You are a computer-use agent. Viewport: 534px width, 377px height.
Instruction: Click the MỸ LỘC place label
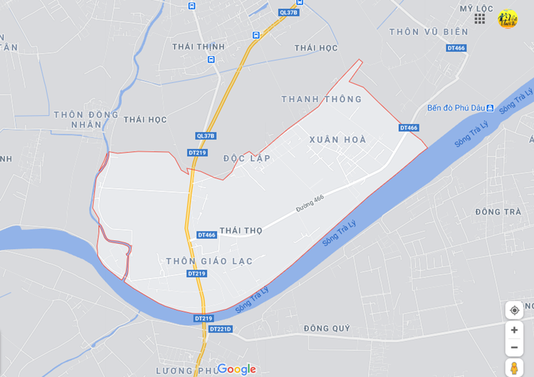tap(476, 9)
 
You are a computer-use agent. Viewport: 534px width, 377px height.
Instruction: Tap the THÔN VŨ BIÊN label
tap(429, 32)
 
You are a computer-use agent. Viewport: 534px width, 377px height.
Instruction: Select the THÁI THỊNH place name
tap(198, 47)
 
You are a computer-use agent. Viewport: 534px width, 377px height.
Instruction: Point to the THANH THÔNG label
tap(322, 100)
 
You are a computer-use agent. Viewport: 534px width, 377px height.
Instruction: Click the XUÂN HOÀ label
tap(338, 140)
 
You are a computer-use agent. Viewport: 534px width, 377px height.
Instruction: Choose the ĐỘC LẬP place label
tap(247, 158)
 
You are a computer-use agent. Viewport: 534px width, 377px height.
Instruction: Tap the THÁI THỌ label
tap(241, 231)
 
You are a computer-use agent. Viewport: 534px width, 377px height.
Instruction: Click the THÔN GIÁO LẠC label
tap(210, 261)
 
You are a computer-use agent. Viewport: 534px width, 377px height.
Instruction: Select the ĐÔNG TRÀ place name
tap(498, 212)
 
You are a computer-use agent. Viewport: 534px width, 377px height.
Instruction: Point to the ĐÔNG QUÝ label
tap(327, 328)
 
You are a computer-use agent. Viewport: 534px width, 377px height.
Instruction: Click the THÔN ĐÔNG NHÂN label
tap(86, 119)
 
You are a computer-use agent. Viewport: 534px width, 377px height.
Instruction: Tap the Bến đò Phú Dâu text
tap(456, 107)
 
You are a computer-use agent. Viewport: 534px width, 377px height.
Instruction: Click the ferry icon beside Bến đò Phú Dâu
tap(490, 107)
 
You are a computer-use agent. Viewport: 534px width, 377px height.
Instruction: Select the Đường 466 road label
tap(310, 203)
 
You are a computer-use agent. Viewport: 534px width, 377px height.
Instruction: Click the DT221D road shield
tap(221, 329)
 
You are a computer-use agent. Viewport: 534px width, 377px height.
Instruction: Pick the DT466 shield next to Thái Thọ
tap(206, 235)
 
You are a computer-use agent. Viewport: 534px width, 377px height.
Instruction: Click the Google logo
tap(236, 369)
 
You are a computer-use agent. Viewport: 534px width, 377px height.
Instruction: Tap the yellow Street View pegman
tap(514, 368)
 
